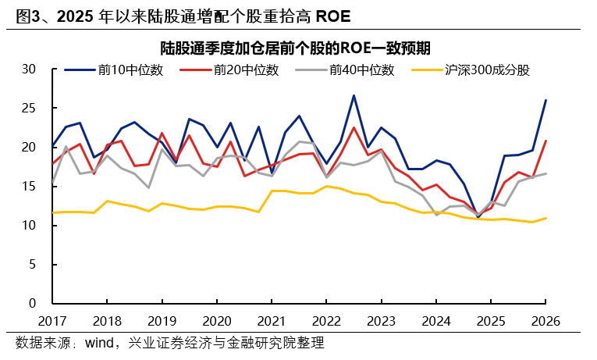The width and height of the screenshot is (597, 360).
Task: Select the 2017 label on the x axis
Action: click(52, 321)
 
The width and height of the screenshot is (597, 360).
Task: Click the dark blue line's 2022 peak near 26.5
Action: click(354, 96)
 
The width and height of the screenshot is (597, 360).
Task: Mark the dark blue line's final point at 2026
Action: click(545, 100)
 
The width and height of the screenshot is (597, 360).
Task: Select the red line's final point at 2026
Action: click(545, 141)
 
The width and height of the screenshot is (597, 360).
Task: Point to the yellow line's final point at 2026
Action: click(545, 218)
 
